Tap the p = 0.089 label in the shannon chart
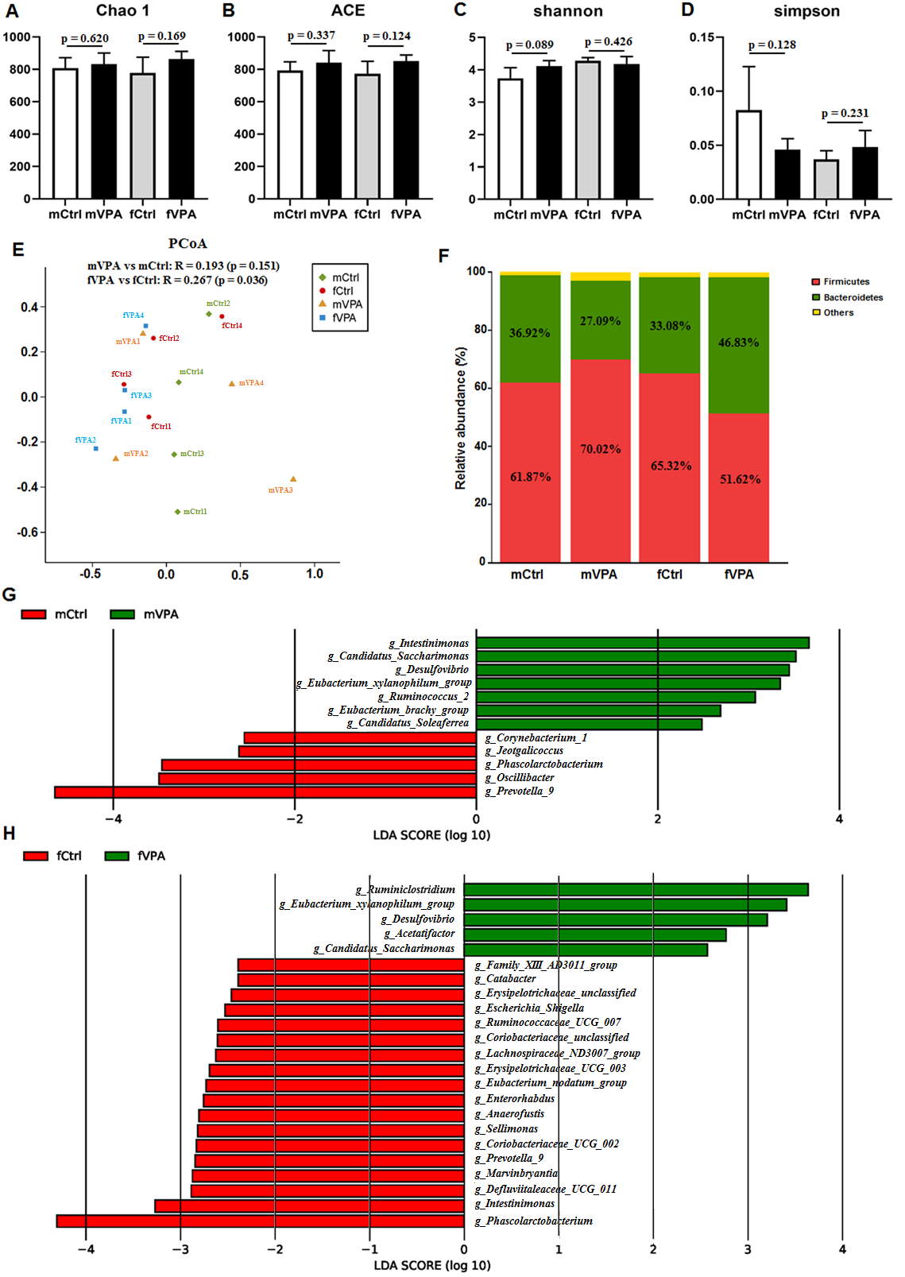529,45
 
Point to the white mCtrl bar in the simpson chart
748,154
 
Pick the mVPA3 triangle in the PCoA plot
293,479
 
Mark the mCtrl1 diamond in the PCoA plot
177,512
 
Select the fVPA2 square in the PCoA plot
96,449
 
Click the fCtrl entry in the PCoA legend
342,291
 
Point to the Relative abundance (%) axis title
460,417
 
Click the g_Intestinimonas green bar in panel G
642,643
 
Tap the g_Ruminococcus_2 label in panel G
423,696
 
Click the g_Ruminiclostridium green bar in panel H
636,890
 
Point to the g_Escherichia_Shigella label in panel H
529,1008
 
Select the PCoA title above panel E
188,243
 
